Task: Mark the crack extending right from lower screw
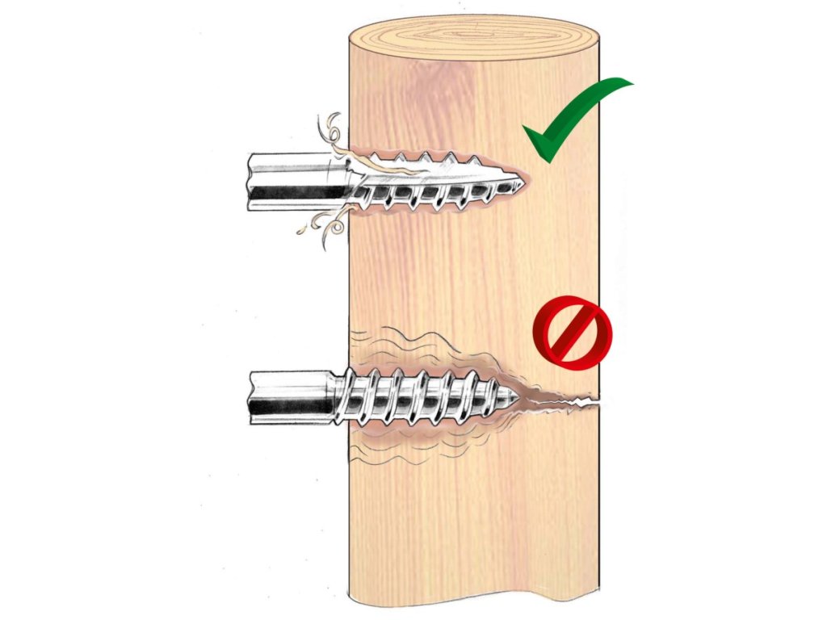coord(565,399)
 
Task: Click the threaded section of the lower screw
coord(420,397)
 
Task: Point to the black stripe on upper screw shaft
coord(291,194)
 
